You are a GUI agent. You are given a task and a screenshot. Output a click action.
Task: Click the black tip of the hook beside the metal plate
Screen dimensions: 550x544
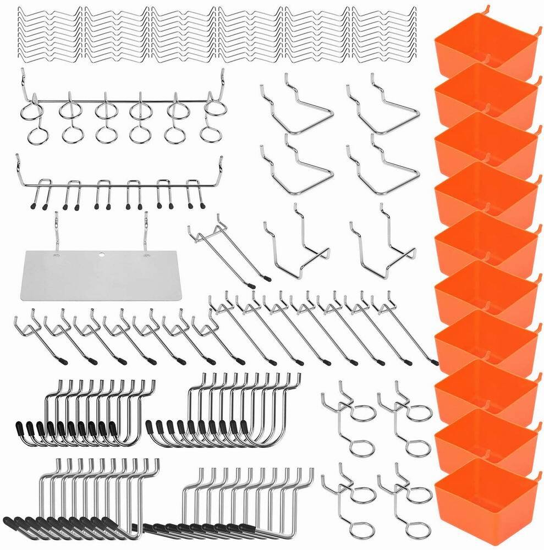pos(251,285)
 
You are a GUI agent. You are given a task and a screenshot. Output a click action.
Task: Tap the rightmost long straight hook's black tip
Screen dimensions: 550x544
pos(435,362)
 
